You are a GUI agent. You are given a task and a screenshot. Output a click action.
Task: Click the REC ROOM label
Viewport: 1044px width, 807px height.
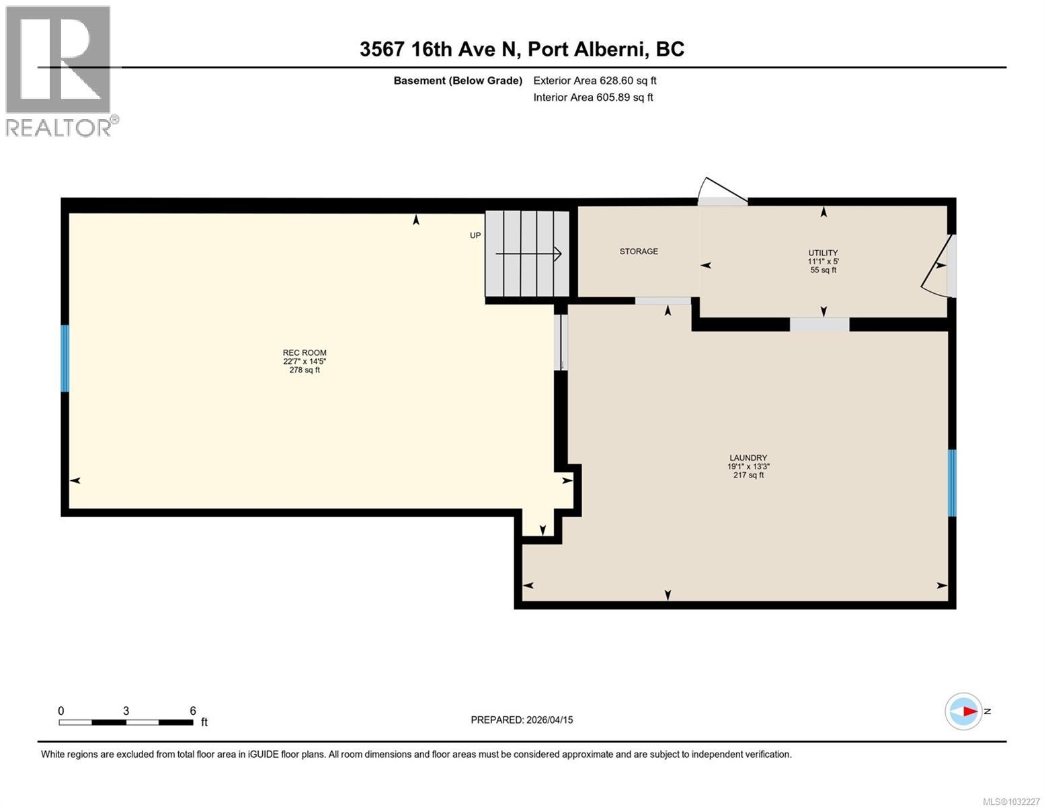(304, 352)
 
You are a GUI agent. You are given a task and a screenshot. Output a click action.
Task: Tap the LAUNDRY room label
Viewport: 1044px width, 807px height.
(748, 458)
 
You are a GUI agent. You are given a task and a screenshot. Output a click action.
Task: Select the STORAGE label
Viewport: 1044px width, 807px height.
(639, 252)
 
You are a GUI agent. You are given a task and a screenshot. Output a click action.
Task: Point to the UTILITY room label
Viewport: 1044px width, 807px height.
(823, 254)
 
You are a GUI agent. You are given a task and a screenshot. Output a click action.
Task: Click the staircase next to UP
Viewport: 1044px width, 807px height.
(527, 253)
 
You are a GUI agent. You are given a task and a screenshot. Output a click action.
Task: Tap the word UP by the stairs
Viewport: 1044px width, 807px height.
(475, 236)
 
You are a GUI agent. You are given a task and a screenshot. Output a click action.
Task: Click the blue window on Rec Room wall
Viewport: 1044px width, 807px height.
(65, 358)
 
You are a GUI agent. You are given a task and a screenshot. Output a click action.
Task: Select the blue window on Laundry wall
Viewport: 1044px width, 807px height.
(952, 482)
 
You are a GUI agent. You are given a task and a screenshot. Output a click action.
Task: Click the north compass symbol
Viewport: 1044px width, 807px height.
(963, 712)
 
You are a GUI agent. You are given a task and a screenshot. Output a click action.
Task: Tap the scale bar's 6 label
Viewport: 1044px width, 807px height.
(192, 711)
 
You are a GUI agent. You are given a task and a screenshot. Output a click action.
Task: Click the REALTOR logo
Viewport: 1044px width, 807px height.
(59, 71)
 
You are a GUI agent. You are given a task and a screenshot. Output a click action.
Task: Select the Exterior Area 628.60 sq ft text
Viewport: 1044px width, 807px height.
(594, 81)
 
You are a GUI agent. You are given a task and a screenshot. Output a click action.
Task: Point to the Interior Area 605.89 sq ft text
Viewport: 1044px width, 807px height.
(593, 98)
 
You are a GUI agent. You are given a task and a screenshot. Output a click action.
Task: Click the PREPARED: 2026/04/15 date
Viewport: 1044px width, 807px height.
(522, 720)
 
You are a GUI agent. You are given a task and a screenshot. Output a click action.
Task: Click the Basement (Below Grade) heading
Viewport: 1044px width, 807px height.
(458, 81)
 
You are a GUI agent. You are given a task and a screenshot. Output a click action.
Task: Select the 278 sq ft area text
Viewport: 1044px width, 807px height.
(304, 370)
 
